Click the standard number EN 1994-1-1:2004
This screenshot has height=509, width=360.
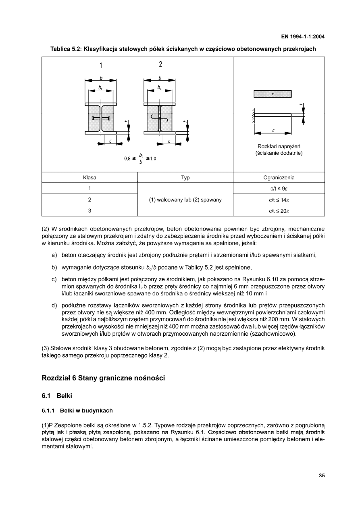pos(303,37)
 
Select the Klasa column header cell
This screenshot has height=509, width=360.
pos(89,177)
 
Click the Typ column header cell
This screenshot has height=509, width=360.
pos(185,177)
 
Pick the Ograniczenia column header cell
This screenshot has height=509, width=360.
pos(279,177)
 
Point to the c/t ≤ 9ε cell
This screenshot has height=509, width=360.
pos(279,188)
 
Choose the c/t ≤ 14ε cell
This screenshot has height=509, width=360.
pos(279,199)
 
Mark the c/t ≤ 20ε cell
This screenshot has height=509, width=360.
pos(279,210)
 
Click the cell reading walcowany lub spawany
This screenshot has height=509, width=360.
pos(185,199)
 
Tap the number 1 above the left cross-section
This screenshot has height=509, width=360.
pos(101,65)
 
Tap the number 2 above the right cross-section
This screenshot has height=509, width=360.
pos(160,64)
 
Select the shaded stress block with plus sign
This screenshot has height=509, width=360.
pos(273,94)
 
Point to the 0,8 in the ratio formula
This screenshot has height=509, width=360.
pos(127,158)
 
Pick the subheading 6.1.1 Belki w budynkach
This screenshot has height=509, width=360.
pos(77,411)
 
